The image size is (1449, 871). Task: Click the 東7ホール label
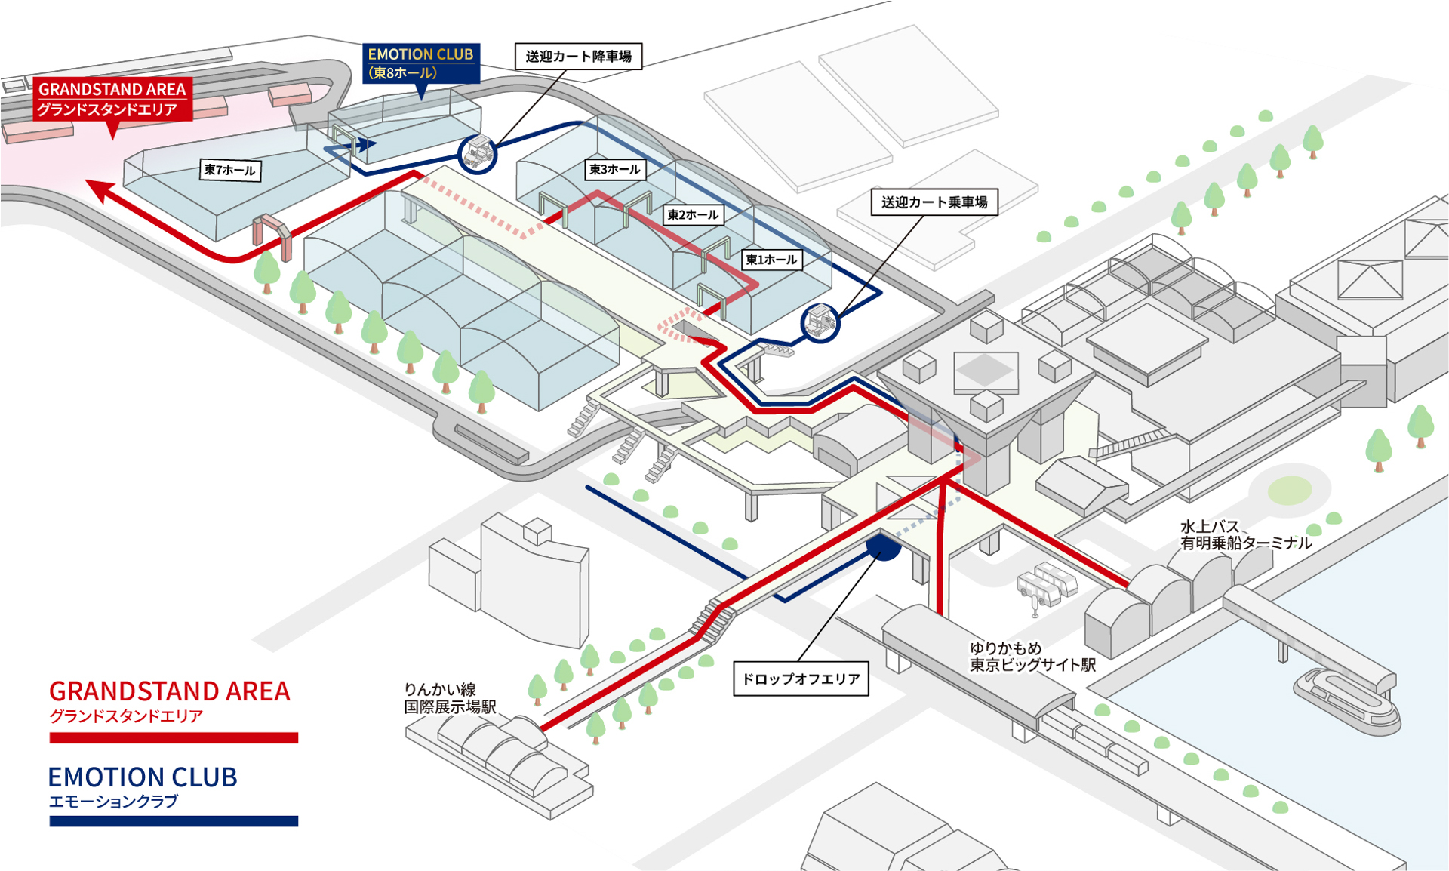(230, 171)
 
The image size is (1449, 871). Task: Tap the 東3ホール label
(615, 170)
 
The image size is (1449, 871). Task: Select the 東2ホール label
(694, 215)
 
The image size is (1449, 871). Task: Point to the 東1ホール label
(771, 260)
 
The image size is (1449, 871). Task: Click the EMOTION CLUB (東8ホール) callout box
(421, 63)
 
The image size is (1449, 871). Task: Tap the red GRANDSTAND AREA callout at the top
(112, 99)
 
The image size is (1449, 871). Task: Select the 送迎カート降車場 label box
(578, 57)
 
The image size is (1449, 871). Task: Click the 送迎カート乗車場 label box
(934, 202)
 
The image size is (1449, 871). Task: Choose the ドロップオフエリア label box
(801, 679)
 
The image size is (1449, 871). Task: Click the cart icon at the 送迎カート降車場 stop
(478, 154)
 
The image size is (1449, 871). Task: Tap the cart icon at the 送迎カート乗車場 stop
(820, 322)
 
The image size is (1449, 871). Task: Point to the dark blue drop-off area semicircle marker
(883, 547)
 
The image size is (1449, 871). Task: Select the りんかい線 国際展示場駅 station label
(450, 698)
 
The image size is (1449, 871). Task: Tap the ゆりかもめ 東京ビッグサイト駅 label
(1032, 657)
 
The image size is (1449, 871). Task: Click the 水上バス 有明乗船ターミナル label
(1246, 535)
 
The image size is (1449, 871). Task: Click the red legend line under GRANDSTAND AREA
(174, 737)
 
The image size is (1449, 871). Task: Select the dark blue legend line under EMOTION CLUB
(174, 821)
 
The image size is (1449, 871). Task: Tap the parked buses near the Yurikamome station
(1048, 584)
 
